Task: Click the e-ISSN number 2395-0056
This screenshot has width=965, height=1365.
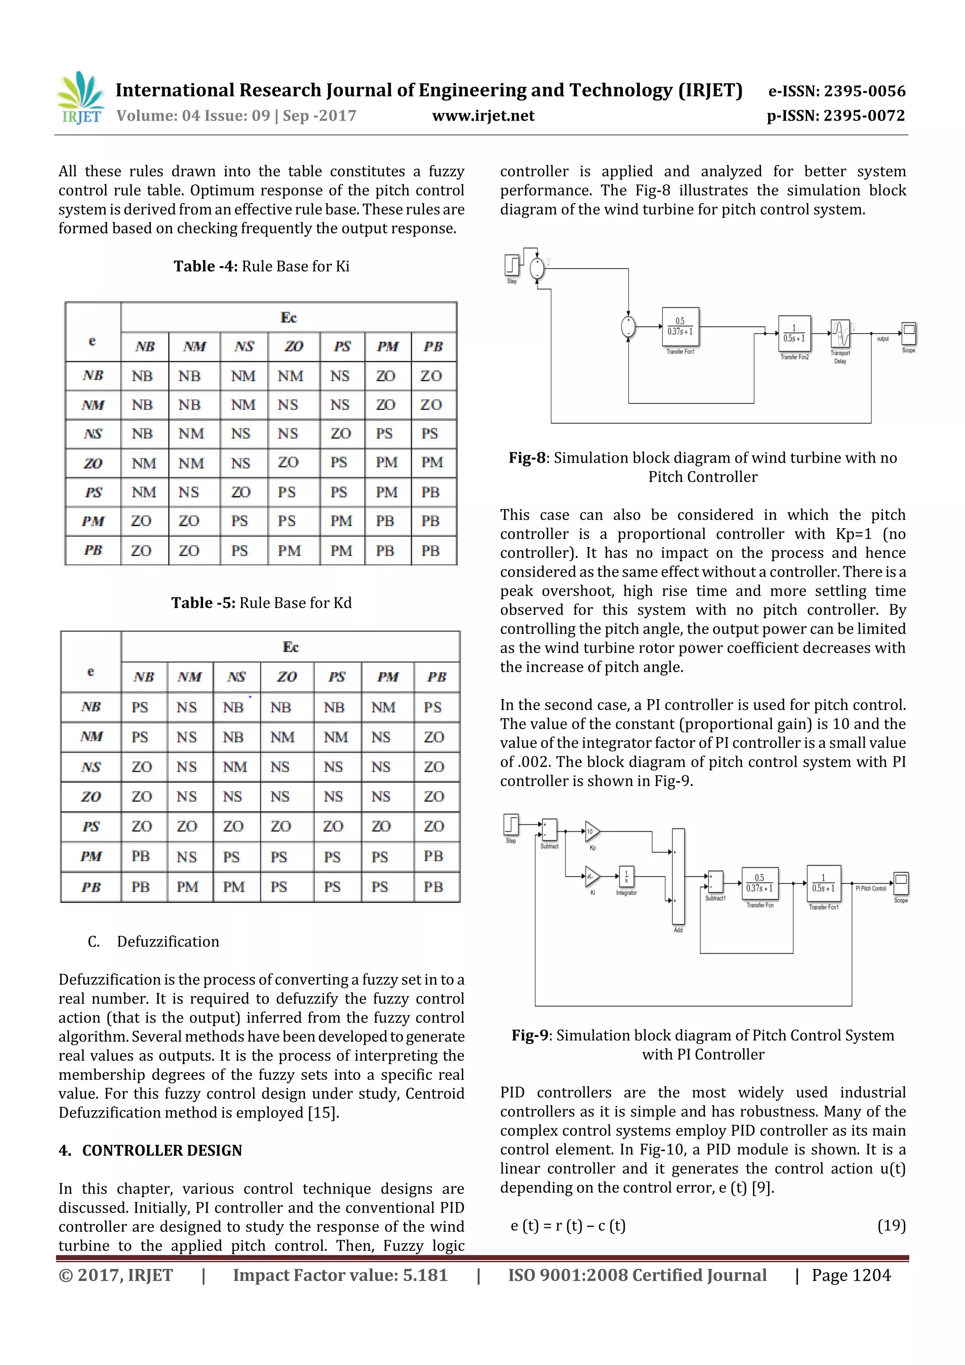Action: pyautogui.click(x=836, y=91)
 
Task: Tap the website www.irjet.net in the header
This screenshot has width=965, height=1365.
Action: pyautogui.click(x=483, y=116)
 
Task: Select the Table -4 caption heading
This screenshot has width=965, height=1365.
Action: pyautogui.click(x=261, y=266)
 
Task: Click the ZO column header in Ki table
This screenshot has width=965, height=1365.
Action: pyautogui.click(x=293, y=347)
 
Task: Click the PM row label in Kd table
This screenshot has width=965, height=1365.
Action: pyautogui.click(x=91, y=856)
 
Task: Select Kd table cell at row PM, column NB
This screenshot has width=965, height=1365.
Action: pyautogui.click(x=141, y=856)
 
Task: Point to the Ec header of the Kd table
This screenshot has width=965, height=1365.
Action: pyautogui.click(x=290, y=647)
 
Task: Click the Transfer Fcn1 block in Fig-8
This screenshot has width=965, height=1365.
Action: pyautogui.click(x=680, y=327)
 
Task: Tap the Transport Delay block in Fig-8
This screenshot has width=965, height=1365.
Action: pyautogui.click(x=840, y=334)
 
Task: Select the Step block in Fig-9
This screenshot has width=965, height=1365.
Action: pyautogui.click(x=511, y=825)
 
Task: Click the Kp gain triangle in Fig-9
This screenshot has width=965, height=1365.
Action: pyautogui.click(x=592, y=832)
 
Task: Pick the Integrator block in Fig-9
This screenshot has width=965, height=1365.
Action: pyautogui.click(x=626, y=876)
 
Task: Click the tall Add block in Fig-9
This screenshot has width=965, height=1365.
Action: pyautogui.click(x=678, y=877)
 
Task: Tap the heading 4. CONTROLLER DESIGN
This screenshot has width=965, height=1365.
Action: pyautogui.click(x=150, y=1151)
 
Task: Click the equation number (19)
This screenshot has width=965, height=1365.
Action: pyautogui.click(x=891, y=1225)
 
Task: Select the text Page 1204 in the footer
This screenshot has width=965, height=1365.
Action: pyautogui.click(x=851, y=1275)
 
